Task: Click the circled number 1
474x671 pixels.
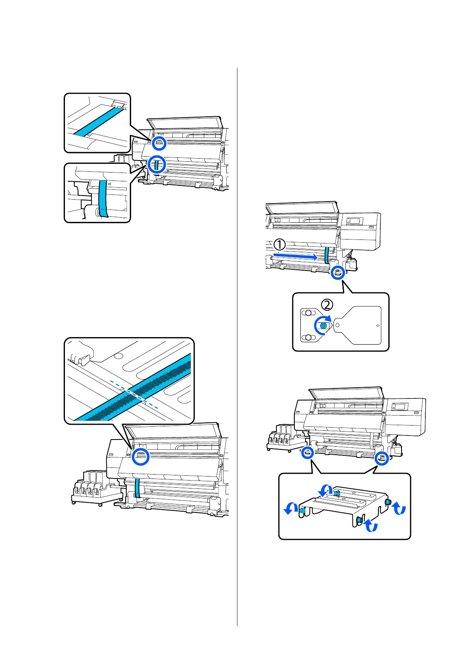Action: [x=280, y=244]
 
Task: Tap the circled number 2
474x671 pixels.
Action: [x=327, y=305]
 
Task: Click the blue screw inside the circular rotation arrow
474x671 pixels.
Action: [x=323, y=326]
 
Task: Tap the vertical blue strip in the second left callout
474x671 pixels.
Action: [x=103, y=198]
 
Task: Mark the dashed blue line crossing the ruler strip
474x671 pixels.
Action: [x=134, y=394]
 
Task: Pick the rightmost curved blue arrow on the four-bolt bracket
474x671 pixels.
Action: [x=399, y=508]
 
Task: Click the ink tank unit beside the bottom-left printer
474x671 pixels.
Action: [x=92, y=488]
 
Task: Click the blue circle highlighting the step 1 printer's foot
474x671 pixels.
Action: [x=338, y=273]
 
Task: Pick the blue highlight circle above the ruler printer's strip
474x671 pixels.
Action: [x=141, y=456]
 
